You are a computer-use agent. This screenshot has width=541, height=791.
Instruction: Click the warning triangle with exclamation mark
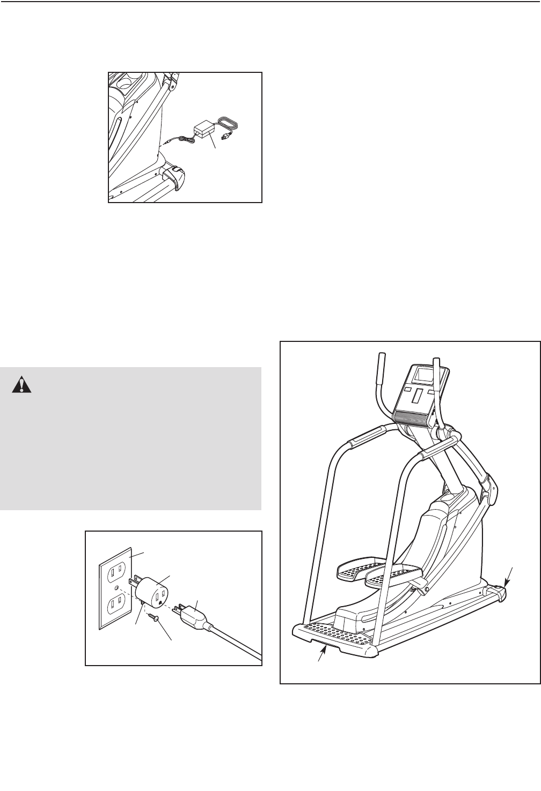point(22,384)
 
